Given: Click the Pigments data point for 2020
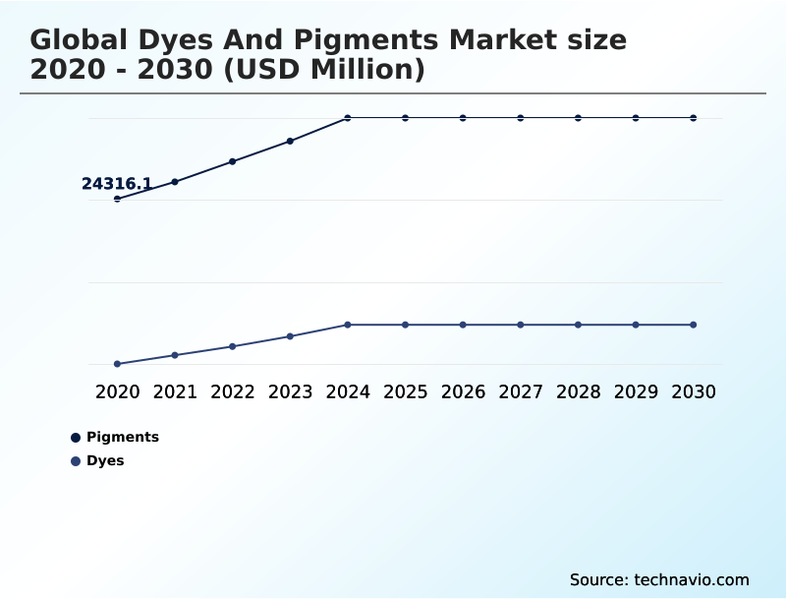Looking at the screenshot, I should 117,199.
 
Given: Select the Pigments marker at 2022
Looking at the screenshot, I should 233,161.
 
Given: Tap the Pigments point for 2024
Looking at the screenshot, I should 348,118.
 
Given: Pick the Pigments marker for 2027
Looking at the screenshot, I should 521,118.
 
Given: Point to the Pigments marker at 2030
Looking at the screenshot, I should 694,118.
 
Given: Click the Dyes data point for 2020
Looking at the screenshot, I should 117,364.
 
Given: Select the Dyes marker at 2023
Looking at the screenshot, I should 290,336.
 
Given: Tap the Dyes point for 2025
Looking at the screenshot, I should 405,325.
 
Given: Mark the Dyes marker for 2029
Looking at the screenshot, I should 636,325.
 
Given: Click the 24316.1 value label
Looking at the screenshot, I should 116,184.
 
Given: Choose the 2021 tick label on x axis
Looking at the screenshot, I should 175,391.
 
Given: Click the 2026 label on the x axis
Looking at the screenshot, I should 463,391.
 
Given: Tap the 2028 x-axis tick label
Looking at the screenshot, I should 578,391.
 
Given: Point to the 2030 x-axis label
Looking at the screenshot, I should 694,391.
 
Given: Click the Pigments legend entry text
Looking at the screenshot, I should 122,437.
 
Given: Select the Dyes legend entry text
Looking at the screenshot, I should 105,460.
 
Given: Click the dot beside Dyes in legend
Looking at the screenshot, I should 76,461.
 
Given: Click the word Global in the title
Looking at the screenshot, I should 80,40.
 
